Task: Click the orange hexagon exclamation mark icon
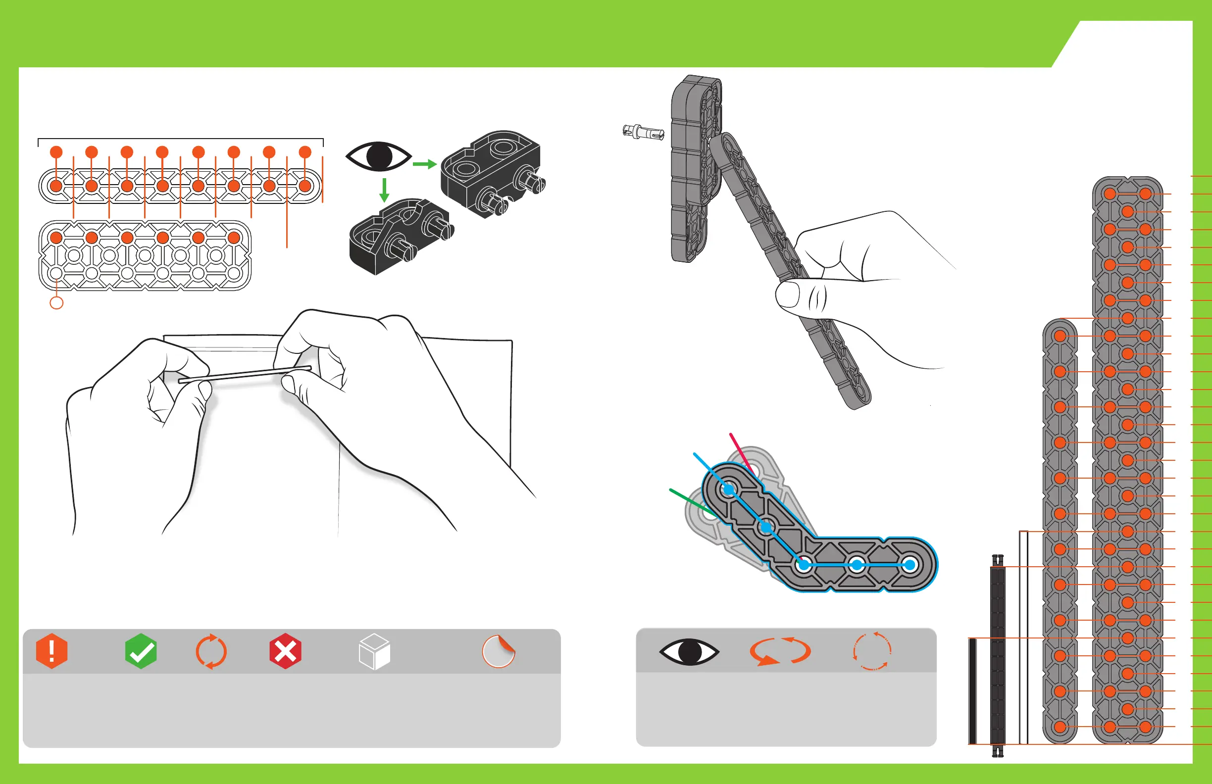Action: coord(51,651)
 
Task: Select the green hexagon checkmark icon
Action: coord(141,651)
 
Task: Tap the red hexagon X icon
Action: coord(285,651)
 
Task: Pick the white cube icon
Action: coord(374,651)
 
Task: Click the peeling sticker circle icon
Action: coord(499,651)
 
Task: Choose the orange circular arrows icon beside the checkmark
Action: coord(211,651)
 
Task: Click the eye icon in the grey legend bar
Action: coord(689,651)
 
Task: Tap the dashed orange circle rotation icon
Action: coord(872,651)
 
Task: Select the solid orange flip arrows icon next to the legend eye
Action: coord(780,651)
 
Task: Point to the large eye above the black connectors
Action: coord(378,156)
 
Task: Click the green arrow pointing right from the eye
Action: coord(424,164)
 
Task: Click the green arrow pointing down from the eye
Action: coord(385,190)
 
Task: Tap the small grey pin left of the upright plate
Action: coord(643,132)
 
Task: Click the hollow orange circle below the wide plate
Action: coord(56,303)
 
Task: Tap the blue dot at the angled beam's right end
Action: coord(909,565)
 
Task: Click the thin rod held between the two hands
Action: coord(245,374)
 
